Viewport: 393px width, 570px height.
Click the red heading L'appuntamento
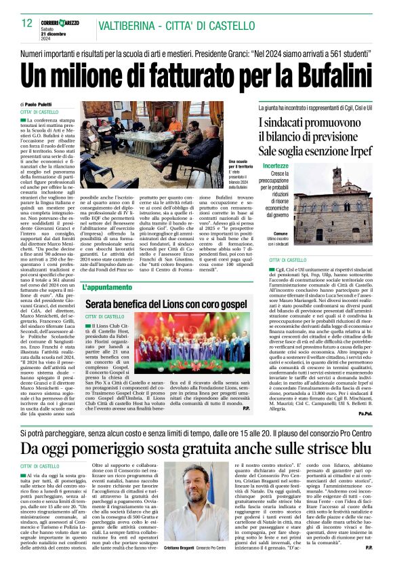(x=106, y=287)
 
